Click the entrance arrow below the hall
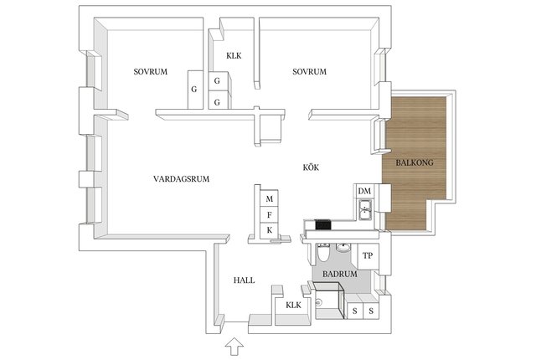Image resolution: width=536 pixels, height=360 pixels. click(x=234, y=346)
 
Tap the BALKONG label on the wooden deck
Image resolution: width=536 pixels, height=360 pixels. click(x=415, y=162)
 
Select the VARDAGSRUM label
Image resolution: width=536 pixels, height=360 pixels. click(x=181, y=179)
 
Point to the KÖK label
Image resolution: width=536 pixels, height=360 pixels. click(x=311, y=167)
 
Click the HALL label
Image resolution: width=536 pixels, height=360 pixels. click(x=244, y=280)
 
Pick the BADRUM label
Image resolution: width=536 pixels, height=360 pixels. click(x=340, y=274)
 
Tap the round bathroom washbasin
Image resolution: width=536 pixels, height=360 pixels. click(x=343, y=248)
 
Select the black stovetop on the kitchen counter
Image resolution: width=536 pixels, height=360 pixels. click(x=323, y=224)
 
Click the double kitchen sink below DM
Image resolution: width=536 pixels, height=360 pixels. click(x=365, y=209)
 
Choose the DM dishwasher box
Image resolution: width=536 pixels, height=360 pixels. click(x=364, y=191)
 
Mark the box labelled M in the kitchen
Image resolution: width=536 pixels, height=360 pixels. click(x=269, y=198)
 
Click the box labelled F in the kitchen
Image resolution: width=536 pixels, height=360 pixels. click(x=269, y=215)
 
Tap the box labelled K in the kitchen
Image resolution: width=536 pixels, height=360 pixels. click(x=269, y=230)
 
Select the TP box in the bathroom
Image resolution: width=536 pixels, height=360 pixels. click(x=368, y=255)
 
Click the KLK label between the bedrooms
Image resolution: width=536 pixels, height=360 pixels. click(x=234, y=55)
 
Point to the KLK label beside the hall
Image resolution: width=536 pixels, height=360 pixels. click(x=294, y=305)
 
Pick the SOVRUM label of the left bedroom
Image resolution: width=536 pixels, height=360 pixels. click(x=151, y=72)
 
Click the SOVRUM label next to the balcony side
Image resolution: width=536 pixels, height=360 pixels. click(x=309, y=72)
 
